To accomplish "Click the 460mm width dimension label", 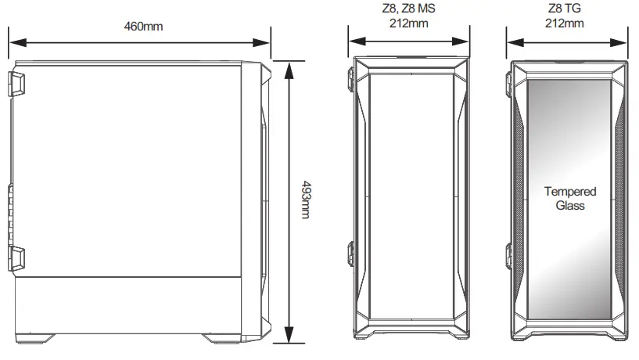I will point(143,26).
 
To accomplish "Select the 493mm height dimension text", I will point(305,200).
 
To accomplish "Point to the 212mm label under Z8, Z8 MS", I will point(408,23).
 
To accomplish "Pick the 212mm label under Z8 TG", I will point(564,23).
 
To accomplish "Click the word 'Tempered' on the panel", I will point(569,192).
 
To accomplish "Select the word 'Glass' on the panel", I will point(569,206).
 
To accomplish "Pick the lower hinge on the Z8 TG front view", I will point(511,254).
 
